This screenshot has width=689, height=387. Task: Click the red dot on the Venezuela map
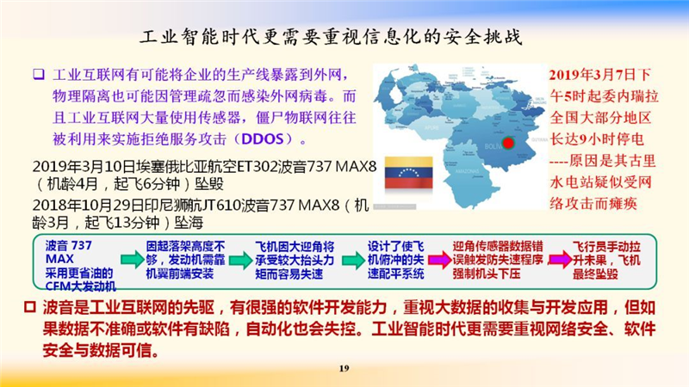(x=508, y=143)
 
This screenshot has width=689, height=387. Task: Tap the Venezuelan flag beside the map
(x=408, y=173)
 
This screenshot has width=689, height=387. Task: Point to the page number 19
(x=344, y=368)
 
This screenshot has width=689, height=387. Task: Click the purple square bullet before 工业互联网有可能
(x=39, y=74)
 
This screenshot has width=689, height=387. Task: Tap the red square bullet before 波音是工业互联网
(x=29, y=307)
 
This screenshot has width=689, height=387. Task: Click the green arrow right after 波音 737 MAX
(x=132, y=260)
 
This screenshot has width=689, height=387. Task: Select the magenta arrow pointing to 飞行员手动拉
(x=560, y=260)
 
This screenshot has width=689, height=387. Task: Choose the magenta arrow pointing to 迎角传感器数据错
(x=439, y=260)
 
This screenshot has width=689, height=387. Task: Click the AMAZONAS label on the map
(x=467, y=170)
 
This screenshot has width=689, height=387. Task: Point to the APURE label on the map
(x=431, y=127)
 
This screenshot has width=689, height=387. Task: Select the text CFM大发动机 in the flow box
(x=80, y=287)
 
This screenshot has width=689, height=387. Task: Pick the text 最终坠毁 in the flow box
(x=595, y=273)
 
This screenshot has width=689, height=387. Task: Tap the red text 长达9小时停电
(x=597, y=139)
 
